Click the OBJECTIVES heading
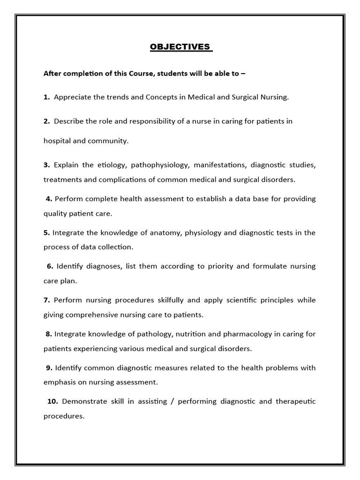pos(181,47)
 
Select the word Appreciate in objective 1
pos(73,97)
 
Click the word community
pos(112,140)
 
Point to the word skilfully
pos(157,300)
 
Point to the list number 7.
pos(47,300)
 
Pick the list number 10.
pos(52,401)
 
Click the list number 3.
pos(47,165)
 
